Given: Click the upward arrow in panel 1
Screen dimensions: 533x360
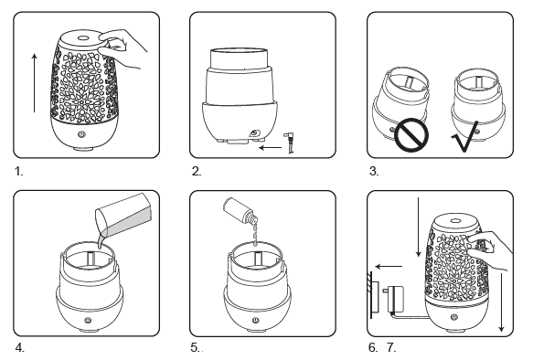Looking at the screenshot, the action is click(35, 82).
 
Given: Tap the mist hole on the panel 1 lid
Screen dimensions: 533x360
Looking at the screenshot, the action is click(82, 37).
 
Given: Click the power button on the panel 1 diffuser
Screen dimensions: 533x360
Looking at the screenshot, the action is click(80, 134).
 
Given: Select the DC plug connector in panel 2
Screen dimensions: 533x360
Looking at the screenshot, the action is click(290, 143).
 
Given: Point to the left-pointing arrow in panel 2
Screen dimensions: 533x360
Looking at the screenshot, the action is click(271, 147).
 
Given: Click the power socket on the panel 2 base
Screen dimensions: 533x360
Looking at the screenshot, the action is click(254, 133).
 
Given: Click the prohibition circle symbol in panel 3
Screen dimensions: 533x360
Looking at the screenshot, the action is click(411, 135).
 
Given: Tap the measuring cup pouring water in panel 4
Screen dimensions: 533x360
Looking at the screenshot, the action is click(124, 217).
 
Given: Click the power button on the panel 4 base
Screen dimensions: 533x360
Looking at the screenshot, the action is click(89, 320).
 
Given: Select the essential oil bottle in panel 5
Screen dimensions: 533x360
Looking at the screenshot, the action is click(240, 212).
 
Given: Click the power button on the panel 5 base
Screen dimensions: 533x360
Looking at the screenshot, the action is click(254, 320).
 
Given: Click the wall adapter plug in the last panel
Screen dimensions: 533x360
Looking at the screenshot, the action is click(394, 299).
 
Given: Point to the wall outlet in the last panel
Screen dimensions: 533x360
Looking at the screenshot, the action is click(373, 295).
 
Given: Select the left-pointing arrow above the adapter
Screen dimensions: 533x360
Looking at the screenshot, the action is click(389, 267).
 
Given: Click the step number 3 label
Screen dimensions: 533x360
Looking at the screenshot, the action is click(374, 171).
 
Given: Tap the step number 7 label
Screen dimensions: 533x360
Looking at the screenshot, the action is click(391, 347).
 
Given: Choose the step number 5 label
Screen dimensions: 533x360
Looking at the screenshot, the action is click(195, 347).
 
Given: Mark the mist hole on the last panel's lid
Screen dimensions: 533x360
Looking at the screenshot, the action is click(455, 221).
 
